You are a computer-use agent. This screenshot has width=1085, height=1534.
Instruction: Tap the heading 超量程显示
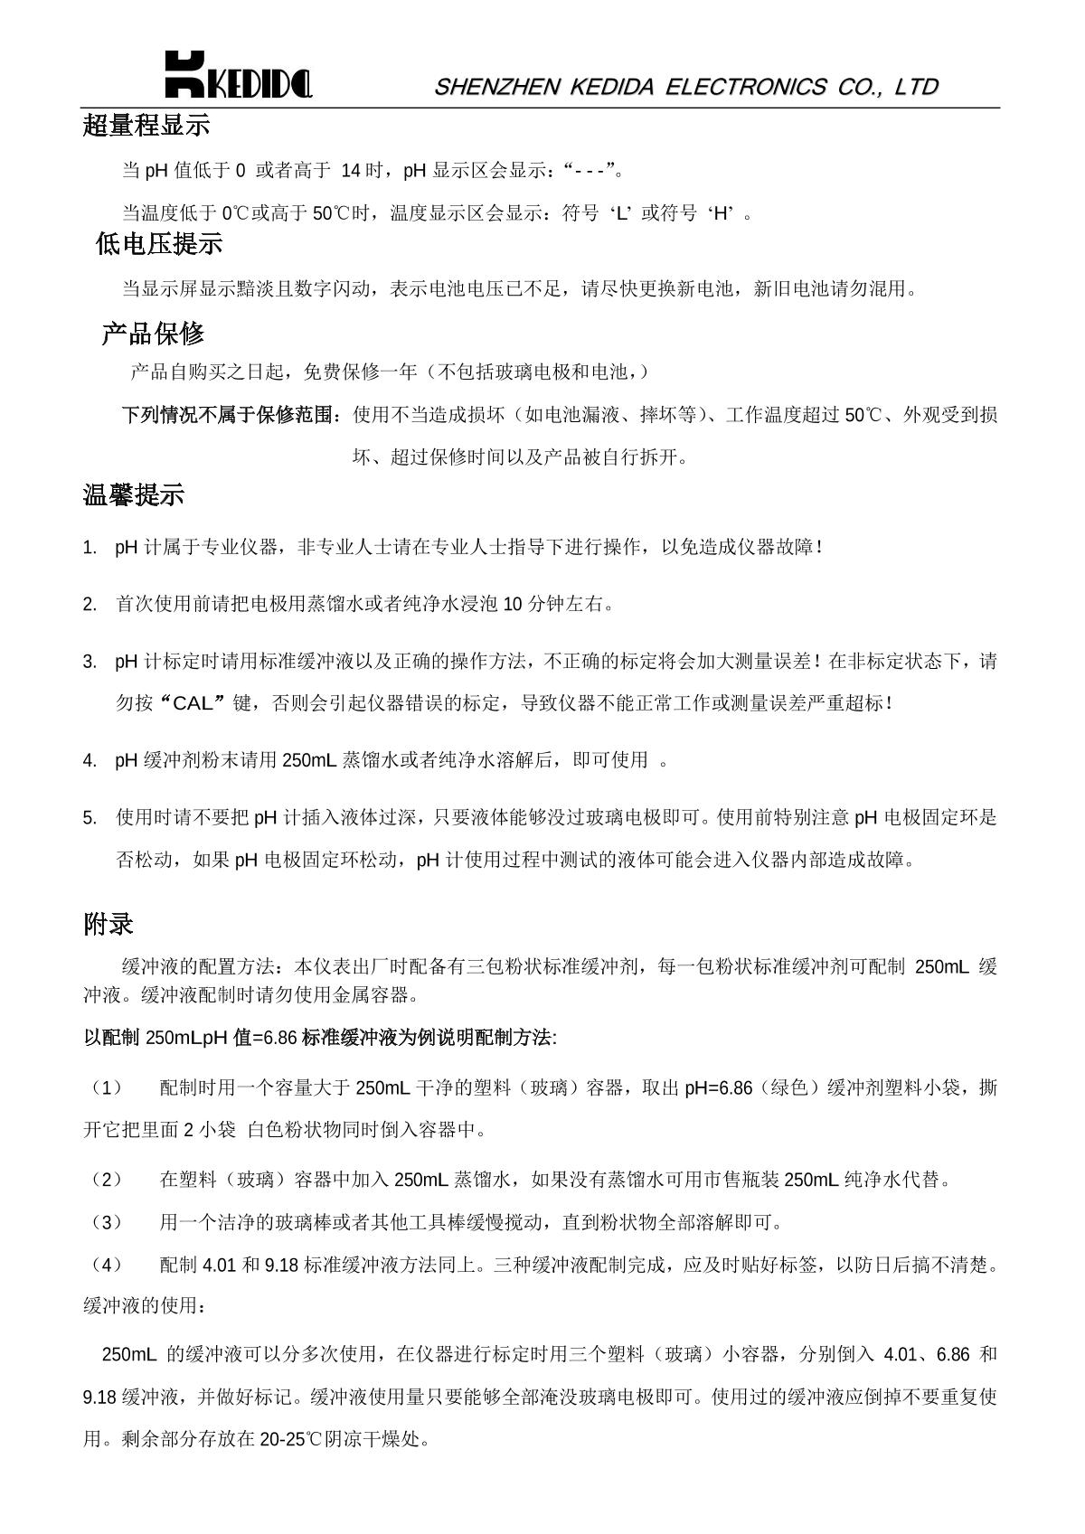146,126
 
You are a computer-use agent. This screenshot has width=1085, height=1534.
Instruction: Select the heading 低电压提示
159,244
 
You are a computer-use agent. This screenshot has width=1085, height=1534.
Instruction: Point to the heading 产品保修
153,334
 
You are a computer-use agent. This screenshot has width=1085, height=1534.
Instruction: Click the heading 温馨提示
134,495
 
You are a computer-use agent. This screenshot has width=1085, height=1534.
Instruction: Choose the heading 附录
108,924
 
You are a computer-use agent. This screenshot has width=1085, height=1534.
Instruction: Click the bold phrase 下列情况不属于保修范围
231,415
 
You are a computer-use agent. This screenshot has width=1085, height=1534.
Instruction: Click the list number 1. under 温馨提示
90,548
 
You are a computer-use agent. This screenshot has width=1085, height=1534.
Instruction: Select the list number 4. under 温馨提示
90,760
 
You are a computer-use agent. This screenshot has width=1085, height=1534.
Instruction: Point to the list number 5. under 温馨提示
90,818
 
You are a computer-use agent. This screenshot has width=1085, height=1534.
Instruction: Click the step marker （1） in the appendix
106,1087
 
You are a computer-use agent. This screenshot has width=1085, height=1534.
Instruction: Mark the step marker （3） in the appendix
106,1223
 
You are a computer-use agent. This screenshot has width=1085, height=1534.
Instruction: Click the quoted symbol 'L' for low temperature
620,214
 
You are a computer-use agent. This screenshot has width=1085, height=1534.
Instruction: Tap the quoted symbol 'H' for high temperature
720,214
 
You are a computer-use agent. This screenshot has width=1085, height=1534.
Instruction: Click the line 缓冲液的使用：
145,1305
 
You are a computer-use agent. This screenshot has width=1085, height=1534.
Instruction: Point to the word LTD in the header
916,87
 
